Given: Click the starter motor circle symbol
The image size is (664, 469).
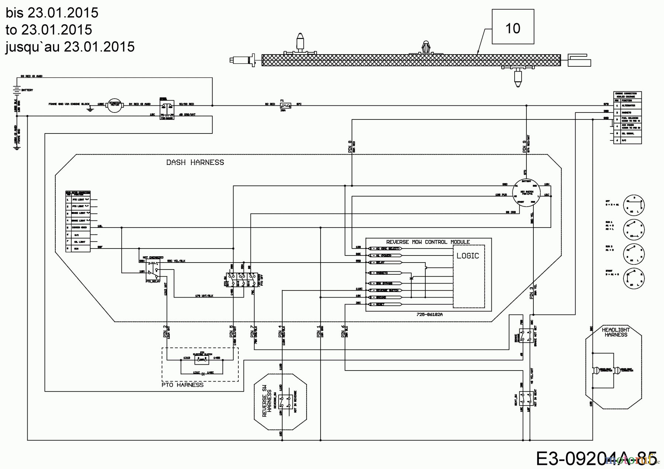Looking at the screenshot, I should [x=116, y=105].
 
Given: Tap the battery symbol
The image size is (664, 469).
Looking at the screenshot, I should [x=16, y=89].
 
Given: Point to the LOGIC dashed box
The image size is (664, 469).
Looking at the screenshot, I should [x=468, y=275].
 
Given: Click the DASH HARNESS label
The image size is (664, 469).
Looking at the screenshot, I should [x=195, y=162].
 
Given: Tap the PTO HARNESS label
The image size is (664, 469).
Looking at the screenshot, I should [x=183, y=385].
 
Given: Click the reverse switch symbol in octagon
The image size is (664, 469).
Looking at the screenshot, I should [x=285, y=401].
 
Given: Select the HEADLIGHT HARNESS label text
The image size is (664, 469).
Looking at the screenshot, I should [x=616, y=332].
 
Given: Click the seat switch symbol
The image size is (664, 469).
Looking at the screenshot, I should [x=526, y=399].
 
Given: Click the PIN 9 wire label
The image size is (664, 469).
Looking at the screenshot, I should [x=525, y=147].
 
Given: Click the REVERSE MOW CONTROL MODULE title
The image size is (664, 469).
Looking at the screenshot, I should [x=428, y=242].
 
